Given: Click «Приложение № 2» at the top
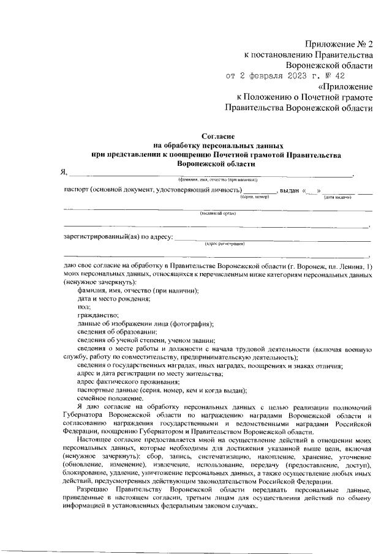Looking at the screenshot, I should click(340, 45).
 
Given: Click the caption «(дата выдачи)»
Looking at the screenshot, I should click(337, 197).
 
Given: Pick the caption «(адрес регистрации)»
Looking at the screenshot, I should click(225, 243).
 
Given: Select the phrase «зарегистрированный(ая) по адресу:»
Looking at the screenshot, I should click(118, 236).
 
